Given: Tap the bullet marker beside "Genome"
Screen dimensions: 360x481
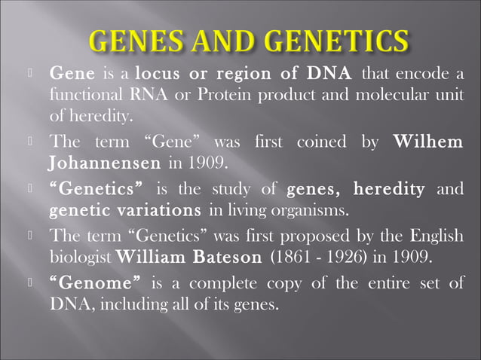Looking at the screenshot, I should pos(29,282).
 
